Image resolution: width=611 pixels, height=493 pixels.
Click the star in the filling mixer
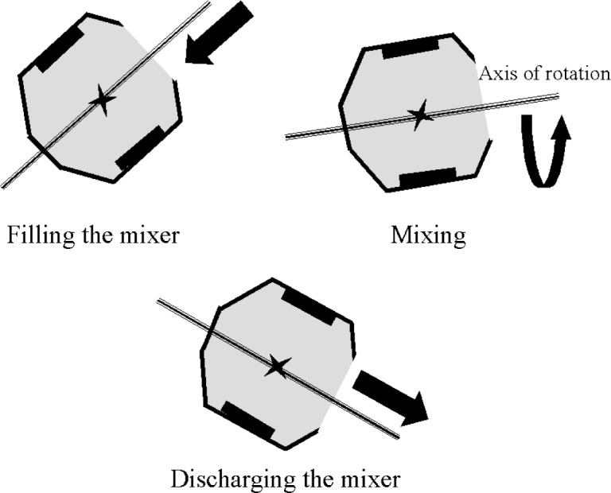tap(102, 100)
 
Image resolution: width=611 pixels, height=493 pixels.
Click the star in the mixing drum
tap(420, 116)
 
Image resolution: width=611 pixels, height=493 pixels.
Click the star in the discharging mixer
tap(277, 367)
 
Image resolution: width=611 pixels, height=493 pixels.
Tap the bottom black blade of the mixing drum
tap(427, 177)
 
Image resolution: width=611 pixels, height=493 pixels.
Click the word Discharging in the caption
tap(230, 480)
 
